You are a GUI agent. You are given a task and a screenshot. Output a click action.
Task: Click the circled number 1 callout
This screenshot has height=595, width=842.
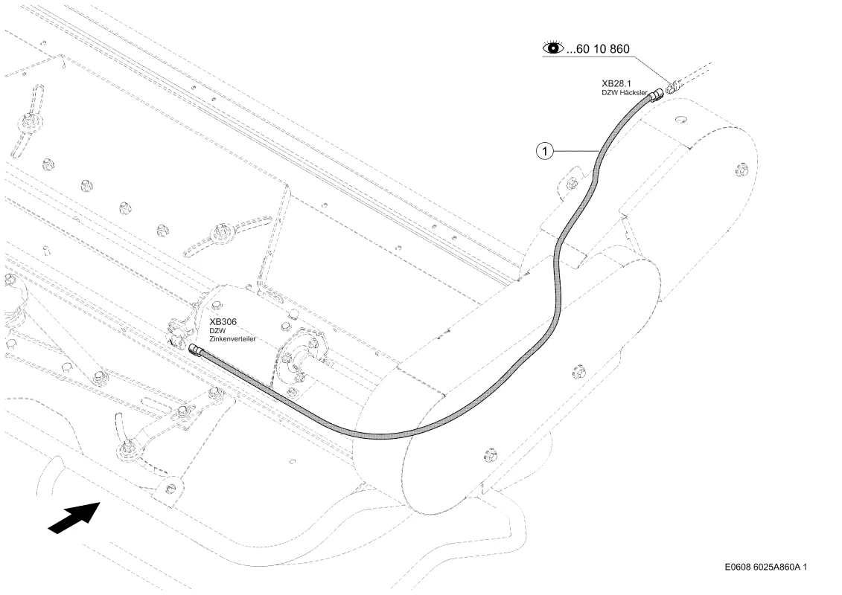pyautogui.click(x=544, y=151)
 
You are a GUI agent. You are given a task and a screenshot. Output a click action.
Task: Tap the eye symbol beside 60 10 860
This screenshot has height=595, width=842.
pyautogui.click(x=553, y=48)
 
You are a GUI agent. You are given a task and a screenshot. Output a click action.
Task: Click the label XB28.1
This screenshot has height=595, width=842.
pyautogui.click(x=616, y=84)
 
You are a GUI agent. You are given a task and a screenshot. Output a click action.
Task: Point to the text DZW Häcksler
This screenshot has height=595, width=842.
pyautogui.click(x=624, y=93)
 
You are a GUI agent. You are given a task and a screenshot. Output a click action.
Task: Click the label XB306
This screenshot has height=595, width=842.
pyautogui.click(x=223, y=322)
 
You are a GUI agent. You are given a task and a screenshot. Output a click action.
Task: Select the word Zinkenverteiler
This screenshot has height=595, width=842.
pyautogui.click(x=232, y=339)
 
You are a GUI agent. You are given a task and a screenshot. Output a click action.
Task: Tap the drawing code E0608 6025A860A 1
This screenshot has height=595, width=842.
pyautogui.click(x=766, y=567)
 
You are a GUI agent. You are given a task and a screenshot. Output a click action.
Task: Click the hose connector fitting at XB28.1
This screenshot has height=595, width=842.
pyautogui.click(x=656, y=96)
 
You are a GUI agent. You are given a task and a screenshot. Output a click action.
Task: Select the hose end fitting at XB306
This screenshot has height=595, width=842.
pyautogui.click(x=196, y=349)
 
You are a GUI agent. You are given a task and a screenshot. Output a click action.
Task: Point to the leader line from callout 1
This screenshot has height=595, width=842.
pyautogui.click(x=575, y=151)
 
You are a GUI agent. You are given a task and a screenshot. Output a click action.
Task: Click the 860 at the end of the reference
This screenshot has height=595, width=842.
pyautogui.click(x=619, y=49)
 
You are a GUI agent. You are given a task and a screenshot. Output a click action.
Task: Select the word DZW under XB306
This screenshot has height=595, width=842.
pyautogui.click(x=217, y=331)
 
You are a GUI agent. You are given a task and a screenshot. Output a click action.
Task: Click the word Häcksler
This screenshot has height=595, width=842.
pyautogui.click(x=634, y=93)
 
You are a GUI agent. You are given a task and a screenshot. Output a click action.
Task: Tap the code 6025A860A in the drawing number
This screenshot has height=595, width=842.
pyautogui.click(x=777, y=567)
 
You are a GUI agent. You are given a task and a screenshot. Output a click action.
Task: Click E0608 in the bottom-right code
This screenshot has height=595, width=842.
pyautogui.click(x=737, y=567)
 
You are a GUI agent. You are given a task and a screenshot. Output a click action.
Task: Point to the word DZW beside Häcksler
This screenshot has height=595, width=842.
pyautogui.click(x=610, y=93)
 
